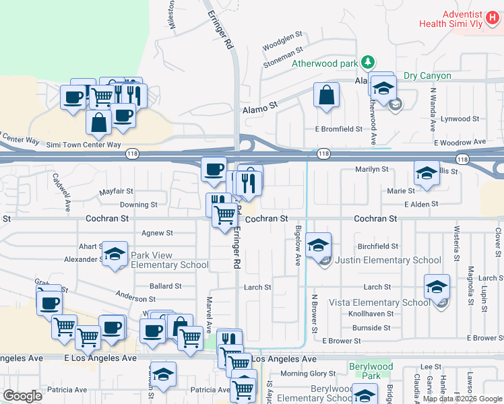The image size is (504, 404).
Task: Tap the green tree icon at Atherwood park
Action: click(x=367, y=63)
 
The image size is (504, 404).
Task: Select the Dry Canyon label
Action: click(x=427, y=76)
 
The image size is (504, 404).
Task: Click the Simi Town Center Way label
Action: click(x=84, y=145)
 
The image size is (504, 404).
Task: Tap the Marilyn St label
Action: click(x=372, y=170)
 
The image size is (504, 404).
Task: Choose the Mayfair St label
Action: click(x=117, y=191)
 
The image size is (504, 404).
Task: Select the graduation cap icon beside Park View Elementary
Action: click(x=115, y=255)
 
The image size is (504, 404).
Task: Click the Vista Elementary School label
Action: click(x=379, y=302)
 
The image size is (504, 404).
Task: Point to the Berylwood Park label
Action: click(x=370, y=370)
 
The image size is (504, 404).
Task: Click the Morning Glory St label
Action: click(x=308, y=374)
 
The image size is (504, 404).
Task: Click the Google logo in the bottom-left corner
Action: click(x=23, y=396)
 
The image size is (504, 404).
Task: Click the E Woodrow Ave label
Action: click(x=460, y=143)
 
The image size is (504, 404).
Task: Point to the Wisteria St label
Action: click(x=456, y=242)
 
